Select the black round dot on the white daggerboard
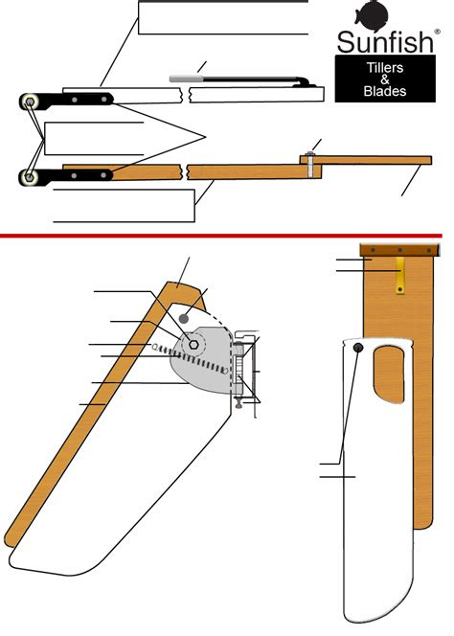coord(357,348)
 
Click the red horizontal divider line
coord(227,233)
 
